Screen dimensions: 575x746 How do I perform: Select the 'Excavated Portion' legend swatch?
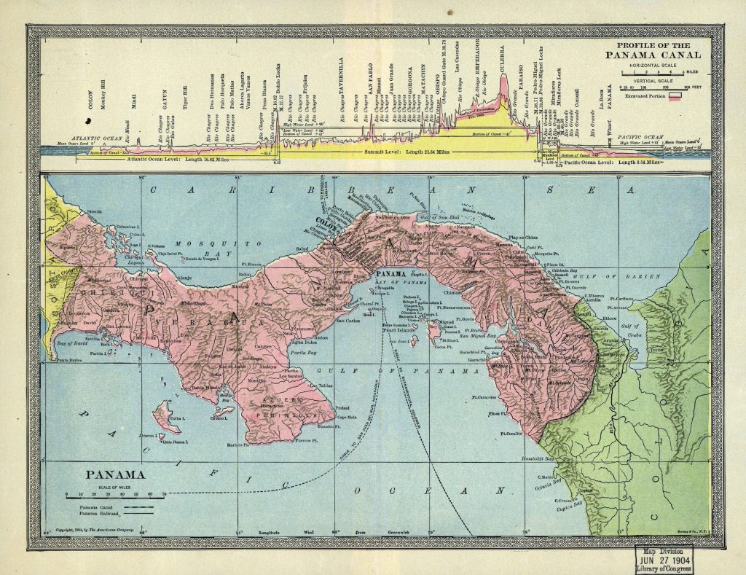684,95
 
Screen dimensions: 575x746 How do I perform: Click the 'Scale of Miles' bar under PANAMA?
114,493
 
